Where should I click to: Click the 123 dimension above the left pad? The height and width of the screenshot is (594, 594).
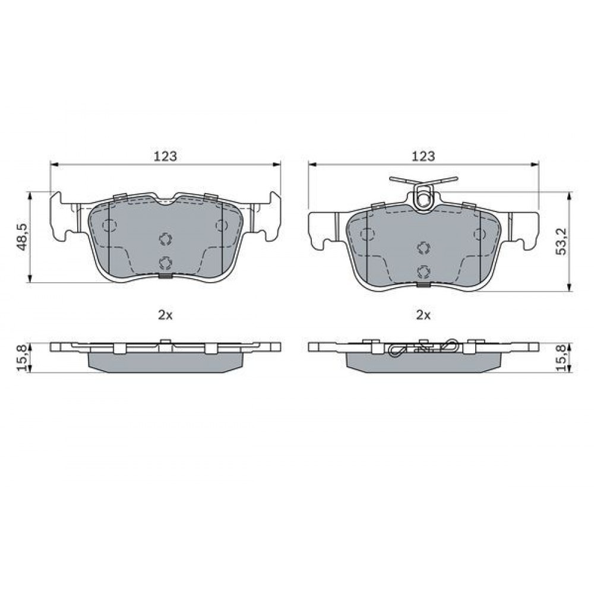click(165, 156)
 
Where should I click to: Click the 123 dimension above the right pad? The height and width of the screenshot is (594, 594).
click(424, 156)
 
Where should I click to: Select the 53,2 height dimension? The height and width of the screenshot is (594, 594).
click(562, 241)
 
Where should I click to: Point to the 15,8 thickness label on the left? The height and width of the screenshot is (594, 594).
click(23, 358)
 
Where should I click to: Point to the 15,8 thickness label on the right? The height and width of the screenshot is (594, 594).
click(562, 358)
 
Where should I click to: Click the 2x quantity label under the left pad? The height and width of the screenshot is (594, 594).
click(165, 315)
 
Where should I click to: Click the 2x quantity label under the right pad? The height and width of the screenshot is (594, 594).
click(424, 315)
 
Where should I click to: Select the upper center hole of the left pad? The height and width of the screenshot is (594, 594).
click(166, 239)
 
